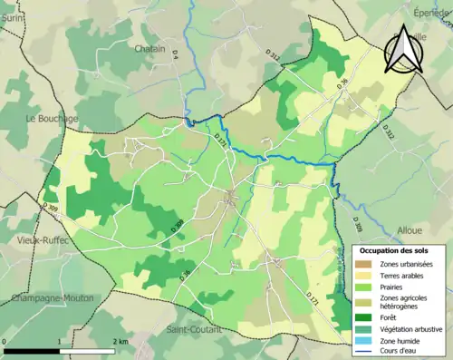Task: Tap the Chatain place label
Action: coord(149,48)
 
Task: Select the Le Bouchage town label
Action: coord(52,119)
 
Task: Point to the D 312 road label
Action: coord(390,131)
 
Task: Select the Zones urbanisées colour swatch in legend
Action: coord(365,264)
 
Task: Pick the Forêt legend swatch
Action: coord(365,317)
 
